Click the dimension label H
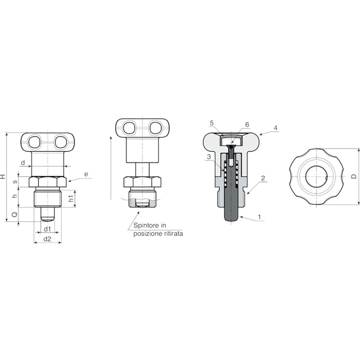tap(3, 176)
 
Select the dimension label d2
tap(47, 239)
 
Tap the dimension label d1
tap(47, 229)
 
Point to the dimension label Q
tap(15, 214)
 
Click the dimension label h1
tap(71, 199)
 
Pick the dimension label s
tap(15, 182)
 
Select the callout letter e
tap(86, 174)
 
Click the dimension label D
tap(354, 176)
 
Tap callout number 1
tap(259, 217)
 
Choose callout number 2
tap(263, 178)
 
